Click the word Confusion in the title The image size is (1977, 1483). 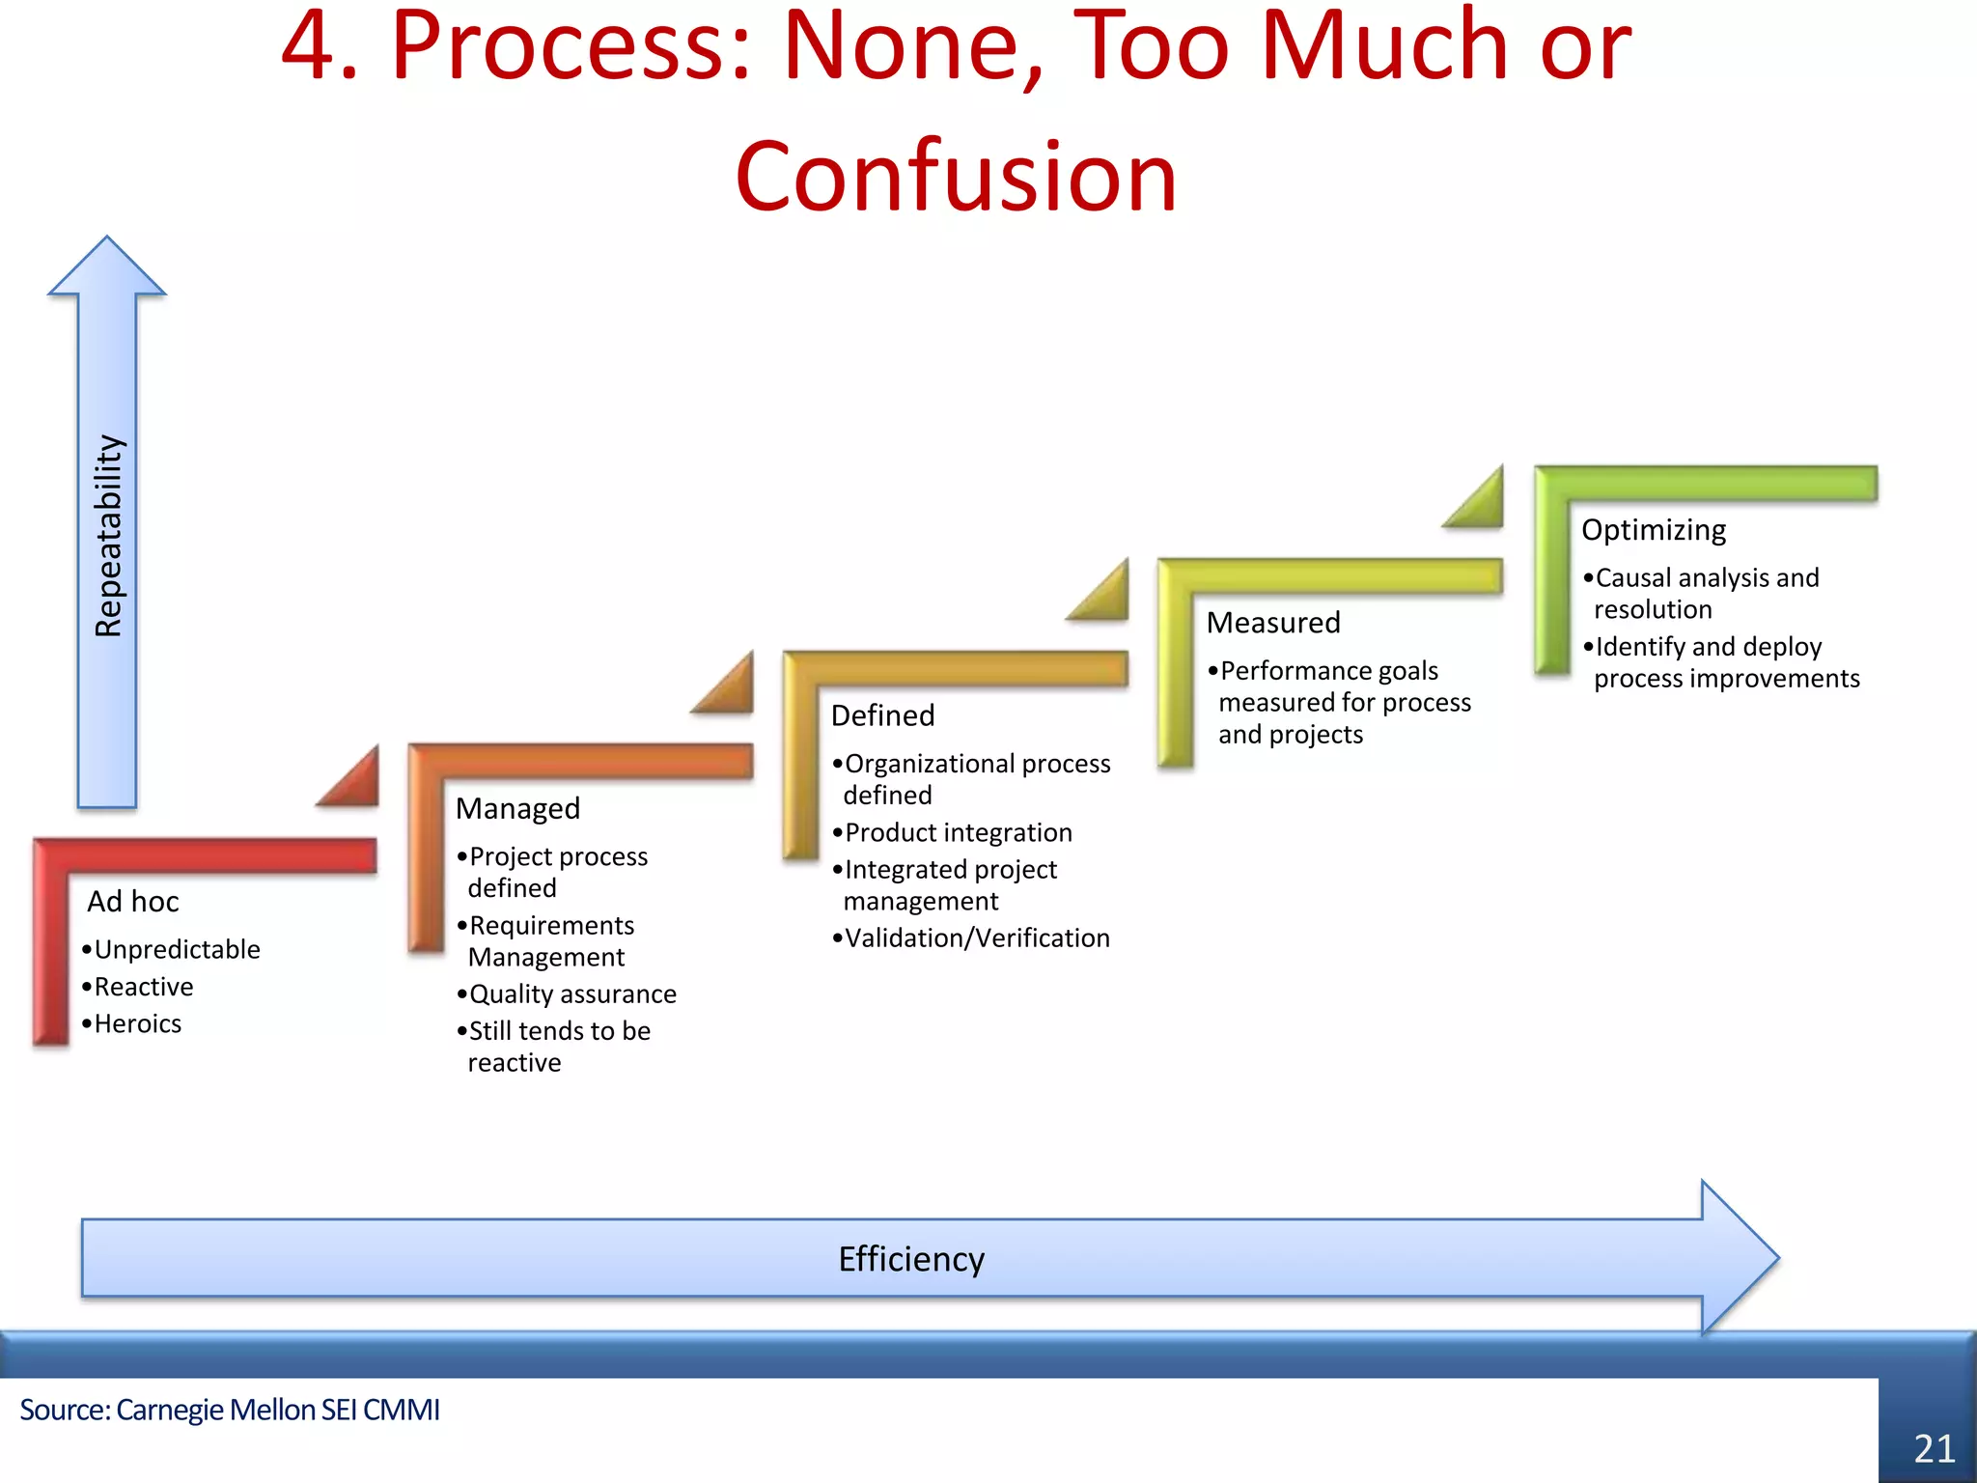coord(956,177)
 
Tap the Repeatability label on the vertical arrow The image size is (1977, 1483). coord(109,536)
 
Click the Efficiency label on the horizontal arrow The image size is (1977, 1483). coord(911,1259)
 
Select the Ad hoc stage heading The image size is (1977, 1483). coord(133,902)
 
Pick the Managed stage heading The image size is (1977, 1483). coord(517,808)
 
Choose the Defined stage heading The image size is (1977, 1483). coord(882,715)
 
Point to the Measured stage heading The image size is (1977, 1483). coord(1273,623)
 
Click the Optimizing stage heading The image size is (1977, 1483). coord(1654,530)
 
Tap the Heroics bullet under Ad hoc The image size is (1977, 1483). coord(137,1023)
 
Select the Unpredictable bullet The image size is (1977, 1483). coord(177,950)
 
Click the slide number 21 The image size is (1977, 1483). coord(1934,1448)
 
